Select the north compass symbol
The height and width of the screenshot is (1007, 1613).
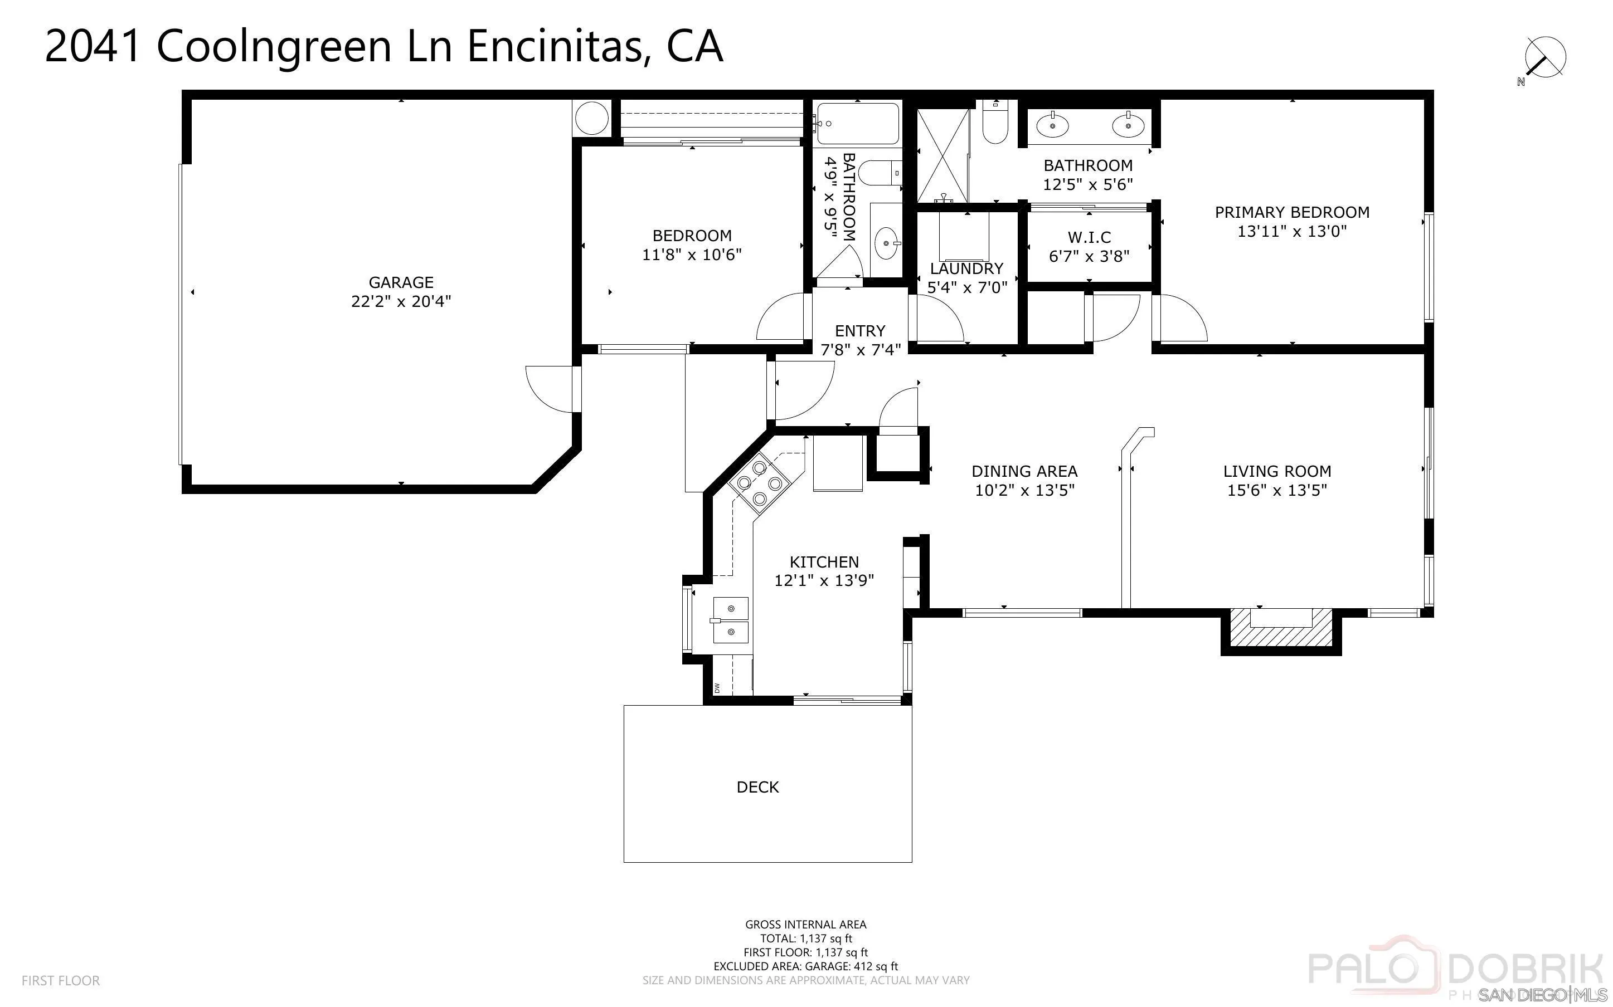1544,58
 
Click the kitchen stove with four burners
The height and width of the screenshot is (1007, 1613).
758,483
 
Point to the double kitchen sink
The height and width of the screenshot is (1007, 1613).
730,620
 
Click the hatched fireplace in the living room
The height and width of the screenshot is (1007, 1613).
1280,630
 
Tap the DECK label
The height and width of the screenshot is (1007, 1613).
757,787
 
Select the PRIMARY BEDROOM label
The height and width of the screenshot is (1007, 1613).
1292,212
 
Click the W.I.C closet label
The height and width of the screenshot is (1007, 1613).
1089,237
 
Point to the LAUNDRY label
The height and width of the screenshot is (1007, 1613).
966,268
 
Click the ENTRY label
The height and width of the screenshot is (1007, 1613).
859,331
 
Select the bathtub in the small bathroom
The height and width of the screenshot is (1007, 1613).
857,124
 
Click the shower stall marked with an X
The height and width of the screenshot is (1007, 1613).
942,156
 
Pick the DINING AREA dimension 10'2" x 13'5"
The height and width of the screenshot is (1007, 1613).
1024,491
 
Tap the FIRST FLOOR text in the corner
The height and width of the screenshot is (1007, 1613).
61,980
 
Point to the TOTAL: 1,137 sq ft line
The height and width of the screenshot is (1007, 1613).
805,938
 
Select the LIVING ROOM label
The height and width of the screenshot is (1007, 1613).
1276,472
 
